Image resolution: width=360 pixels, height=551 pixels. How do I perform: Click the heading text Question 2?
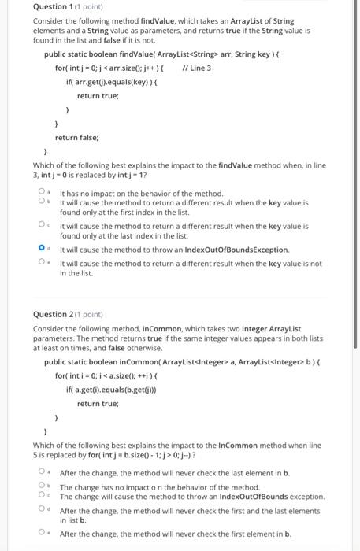50,312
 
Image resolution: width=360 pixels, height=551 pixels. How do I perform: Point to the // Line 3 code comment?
196,68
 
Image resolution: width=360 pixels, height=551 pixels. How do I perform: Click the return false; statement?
76,137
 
